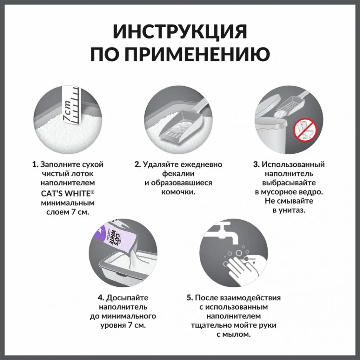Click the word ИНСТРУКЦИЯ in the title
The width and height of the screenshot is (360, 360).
click(x=180, y=32)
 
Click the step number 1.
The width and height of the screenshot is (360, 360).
click(x=35, y=164)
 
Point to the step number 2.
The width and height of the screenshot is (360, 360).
click(x=137, y=164)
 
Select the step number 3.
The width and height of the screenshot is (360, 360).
click(x=256, y=164)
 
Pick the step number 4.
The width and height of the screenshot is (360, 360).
click(x=100, y=298)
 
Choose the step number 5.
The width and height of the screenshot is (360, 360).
click(x=190, y=298)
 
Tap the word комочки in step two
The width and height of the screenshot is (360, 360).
click(x=179, y=192)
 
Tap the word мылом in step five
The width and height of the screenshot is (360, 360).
click(x=238, y=334)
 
